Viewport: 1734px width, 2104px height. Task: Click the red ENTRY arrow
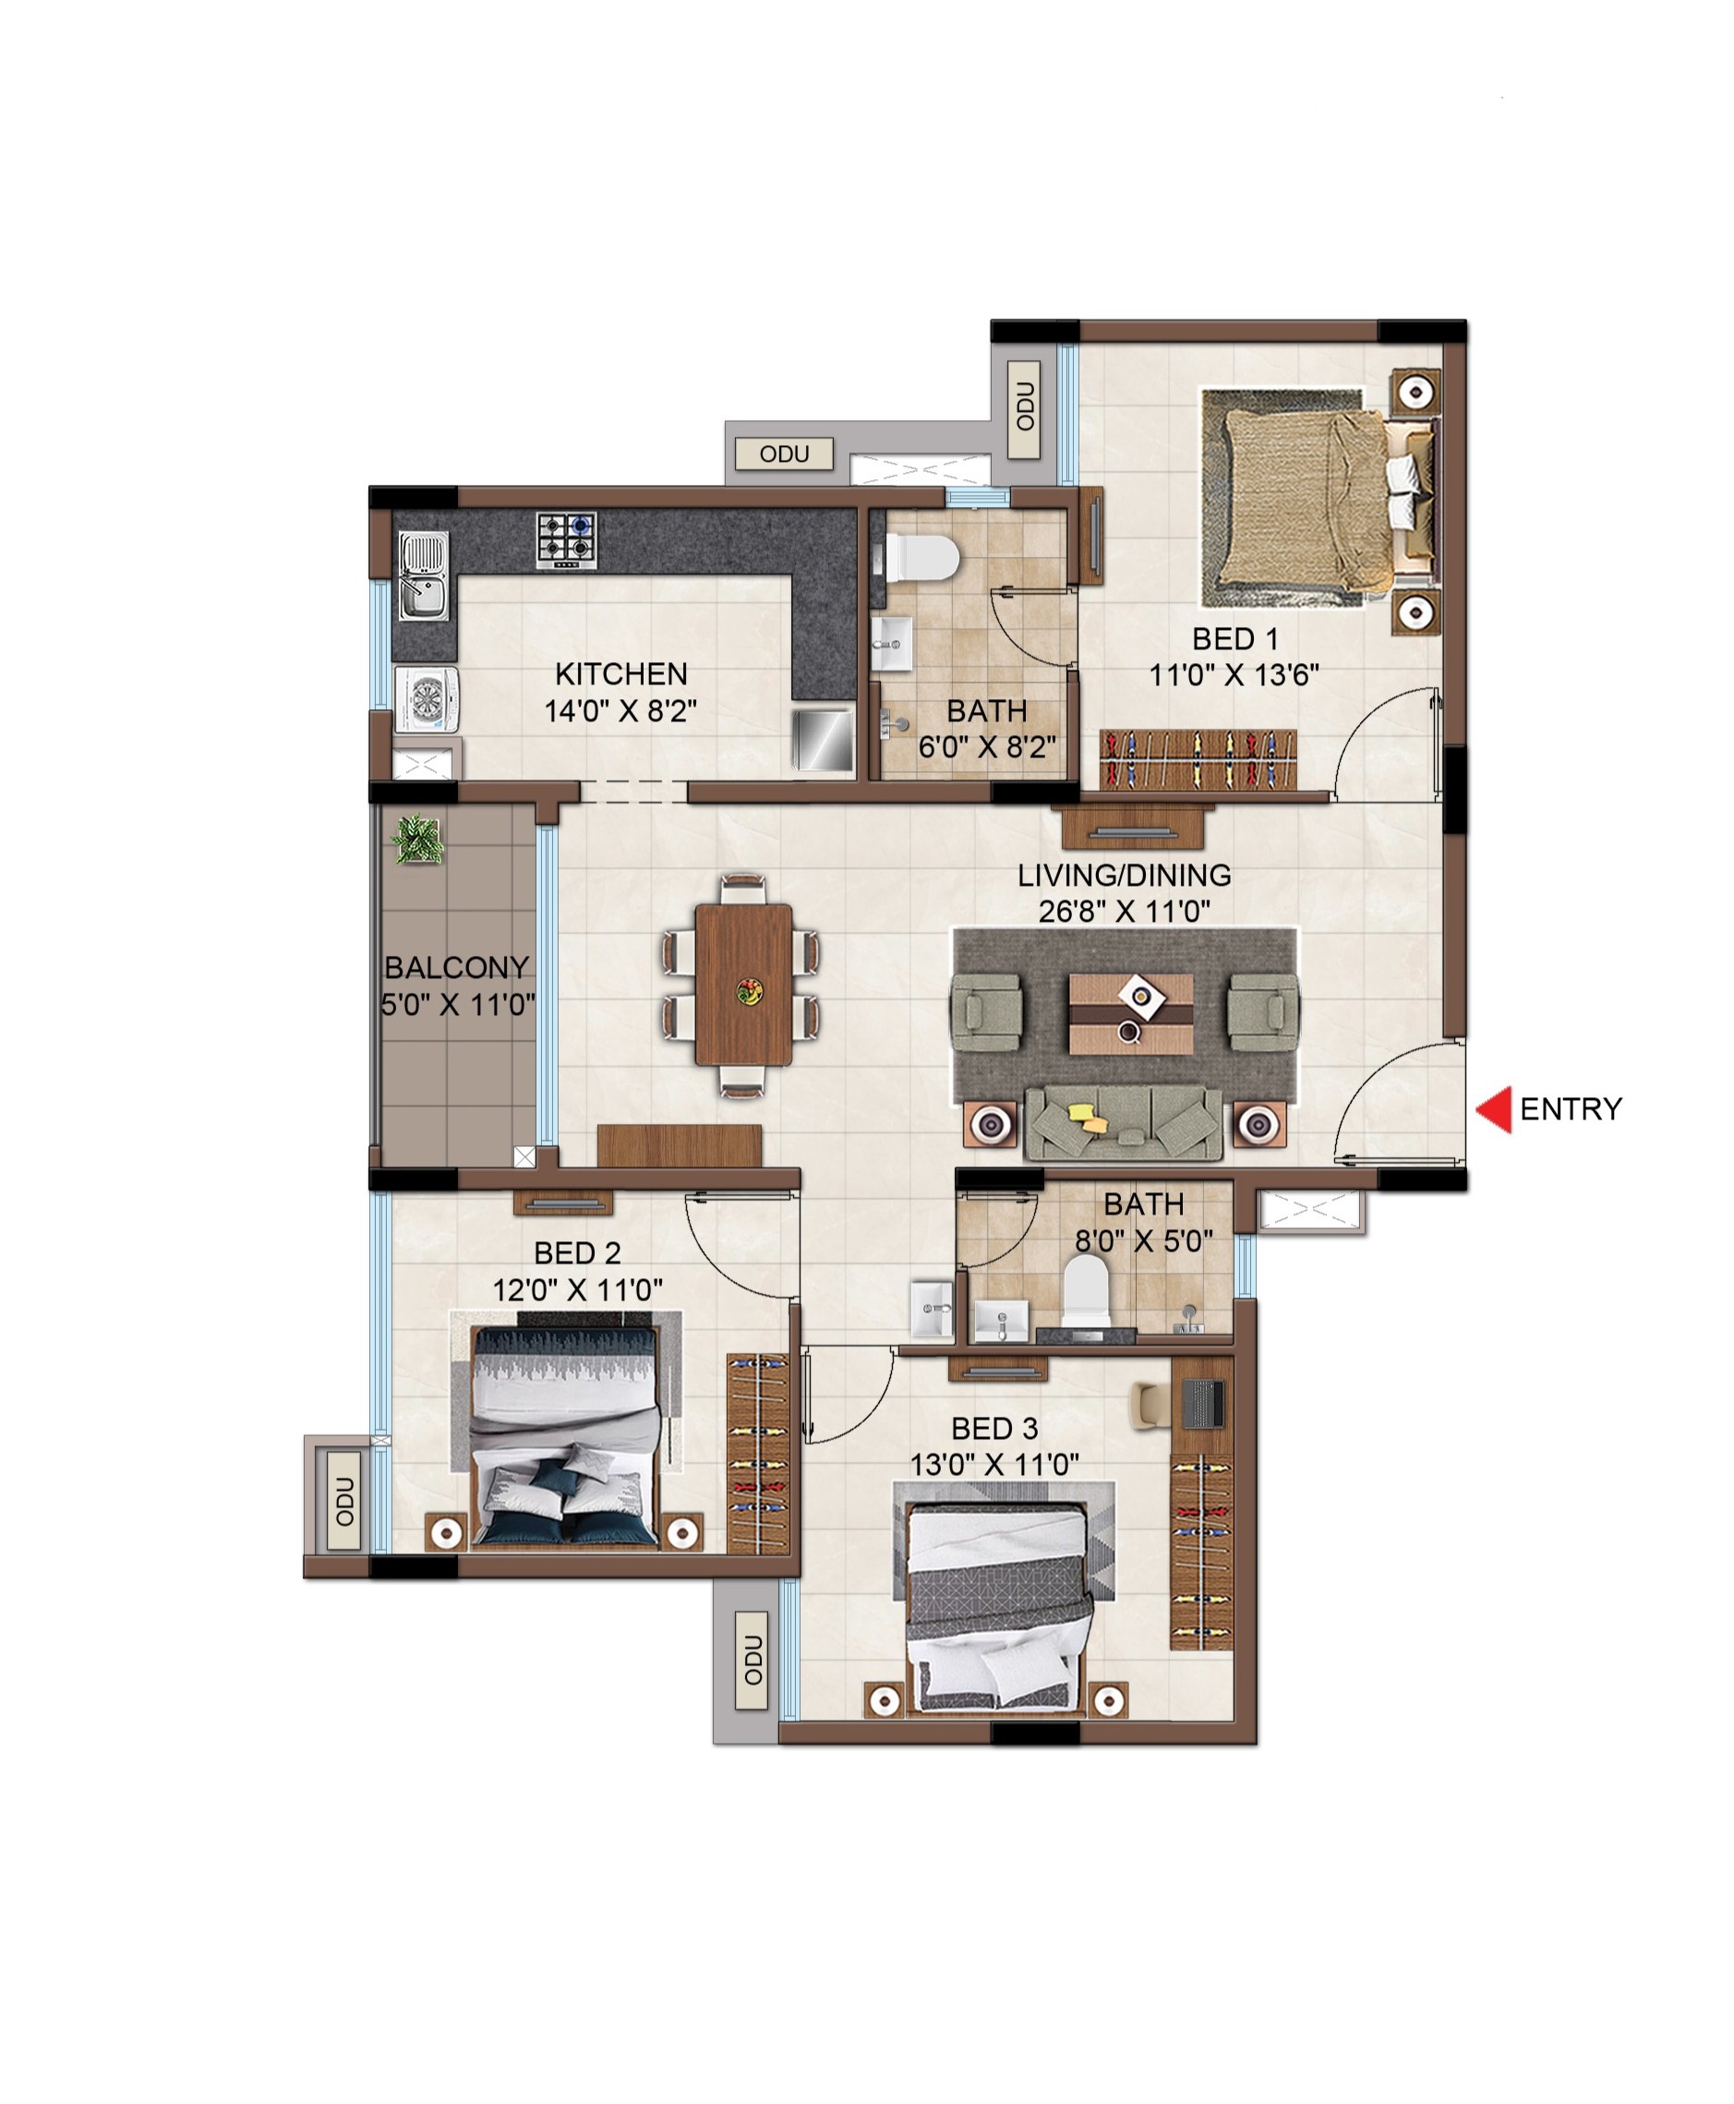(1495, 1109)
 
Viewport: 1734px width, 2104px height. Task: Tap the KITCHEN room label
(621, 673)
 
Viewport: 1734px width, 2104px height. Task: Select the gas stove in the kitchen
(567, 540)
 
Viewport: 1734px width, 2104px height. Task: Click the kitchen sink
(425, 575)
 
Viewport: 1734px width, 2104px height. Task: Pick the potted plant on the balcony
(417, 840)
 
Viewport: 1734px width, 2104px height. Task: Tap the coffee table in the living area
(1131, 1014)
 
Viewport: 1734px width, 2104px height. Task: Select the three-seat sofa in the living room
(1124, 1124)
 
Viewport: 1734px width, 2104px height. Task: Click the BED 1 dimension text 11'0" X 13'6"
(1234, 675)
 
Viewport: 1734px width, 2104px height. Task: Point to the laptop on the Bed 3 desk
(1202, 1403)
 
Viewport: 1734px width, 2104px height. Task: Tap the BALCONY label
(456, 967)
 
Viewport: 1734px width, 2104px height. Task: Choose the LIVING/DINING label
(1125, 876)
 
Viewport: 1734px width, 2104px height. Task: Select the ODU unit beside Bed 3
(753, 1661)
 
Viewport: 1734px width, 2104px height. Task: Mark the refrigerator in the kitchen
(823, 741)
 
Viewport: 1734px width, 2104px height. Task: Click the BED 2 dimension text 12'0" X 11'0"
(577, 1289)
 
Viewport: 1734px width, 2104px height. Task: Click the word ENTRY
(1571, 1109)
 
